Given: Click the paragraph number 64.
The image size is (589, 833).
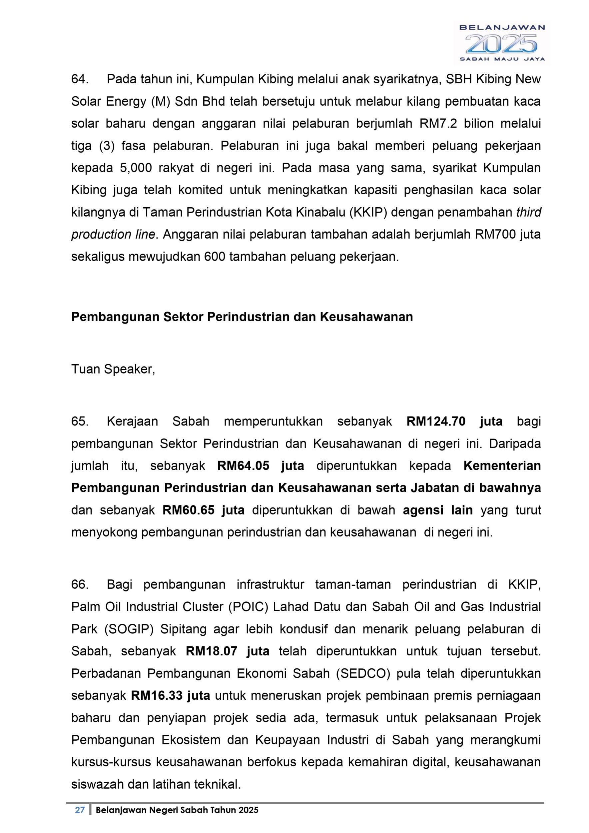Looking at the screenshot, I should tap(80, 79).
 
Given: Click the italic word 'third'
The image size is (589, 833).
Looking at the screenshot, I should tap(528, 212).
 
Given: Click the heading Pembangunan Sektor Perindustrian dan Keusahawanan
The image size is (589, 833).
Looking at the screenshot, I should tap(242, 317).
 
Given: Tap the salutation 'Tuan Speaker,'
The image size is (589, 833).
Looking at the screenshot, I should tap(113, 369).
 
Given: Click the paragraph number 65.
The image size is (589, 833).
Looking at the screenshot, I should tap(80, 421).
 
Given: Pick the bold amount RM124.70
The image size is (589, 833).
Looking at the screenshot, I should tap(436, 421).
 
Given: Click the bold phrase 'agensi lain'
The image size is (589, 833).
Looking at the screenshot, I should tap(438, 510).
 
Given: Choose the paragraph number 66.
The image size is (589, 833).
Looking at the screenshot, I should tap(80, 585).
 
